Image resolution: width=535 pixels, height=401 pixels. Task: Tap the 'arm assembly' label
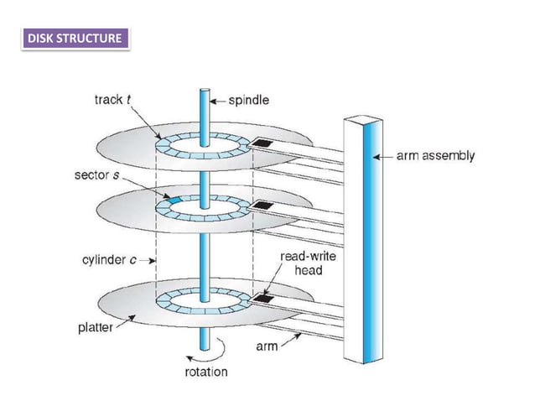[x=436, y=155]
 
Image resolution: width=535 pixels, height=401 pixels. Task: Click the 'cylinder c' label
[x=109, y=259]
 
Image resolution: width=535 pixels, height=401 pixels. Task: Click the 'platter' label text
[x=86, y=326]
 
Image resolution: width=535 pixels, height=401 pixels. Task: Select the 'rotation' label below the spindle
[x=205, y=371]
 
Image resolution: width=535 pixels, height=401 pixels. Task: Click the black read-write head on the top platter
[x=264, y=144]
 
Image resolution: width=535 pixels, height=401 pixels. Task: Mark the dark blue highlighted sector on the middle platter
[x=172, y=200]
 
